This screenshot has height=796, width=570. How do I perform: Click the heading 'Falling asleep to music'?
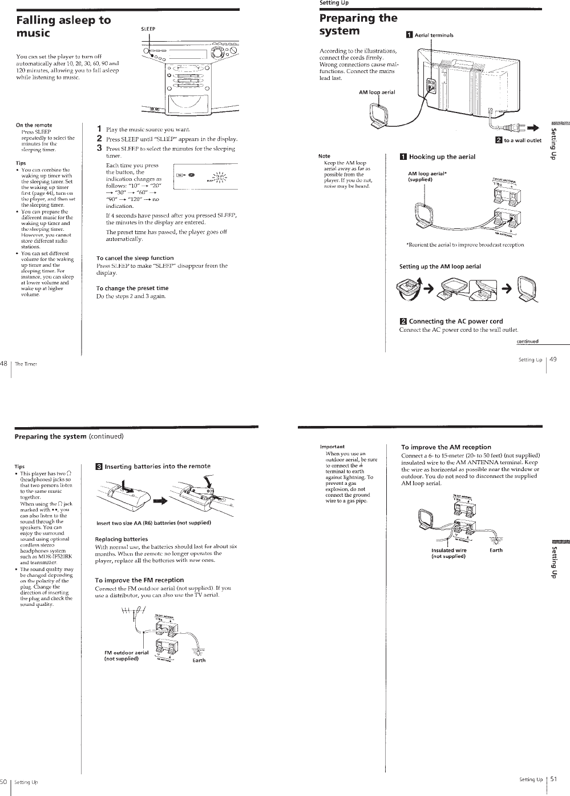tap(63, 26)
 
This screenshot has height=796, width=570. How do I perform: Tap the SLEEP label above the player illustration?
tap(148, 29)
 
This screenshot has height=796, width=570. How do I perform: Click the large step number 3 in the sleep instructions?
tap(99, 148)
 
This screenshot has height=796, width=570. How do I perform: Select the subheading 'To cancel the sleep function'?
tap(135, 258)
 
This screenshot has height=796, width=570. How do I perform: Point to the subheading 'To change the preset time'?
tap(132, 288)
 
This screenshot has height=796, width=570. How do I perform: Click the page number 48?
tap(3, 363)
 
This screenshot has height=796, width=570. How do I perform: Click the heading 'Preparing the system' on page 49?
tap(358, 24)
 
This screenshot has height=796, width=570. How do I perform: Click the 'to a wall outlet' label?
tap(522, 140)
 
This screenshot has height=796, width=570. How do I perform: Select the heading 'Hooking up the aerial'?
tap(442, 157)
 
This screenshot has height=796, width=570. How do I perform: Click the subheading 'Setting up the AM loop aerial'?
tap(440, 267)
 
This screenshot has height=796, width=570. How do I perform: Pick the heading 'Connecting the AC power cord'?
tap(455, 321)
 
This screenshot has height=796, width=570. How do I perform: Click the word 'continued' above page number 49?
tap(527, 342)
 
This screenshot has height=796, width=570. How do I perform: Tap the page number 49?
tap(553, 359)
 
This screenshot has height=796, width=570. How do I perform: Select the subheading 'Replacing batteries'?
tap(121, 539)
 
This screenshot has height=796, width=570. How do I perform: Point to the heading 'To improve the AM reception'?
tap(446, 447)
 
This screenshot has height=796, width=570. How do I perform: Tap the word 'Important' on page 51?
tap(332, 447)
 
